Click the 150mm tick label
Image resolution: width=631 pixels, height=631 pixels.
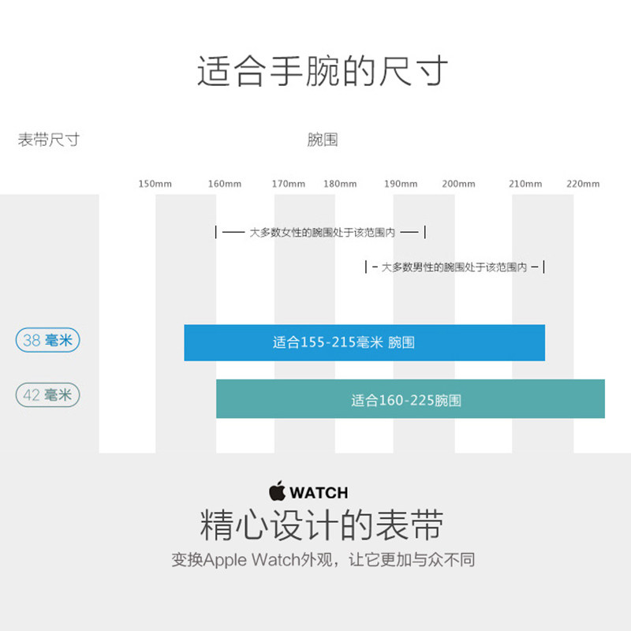(155, 184)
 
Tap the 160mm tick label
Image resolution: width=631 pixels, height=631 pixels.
(225, 184)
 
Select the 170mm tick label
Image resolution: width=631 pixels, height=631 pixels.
(289, 184)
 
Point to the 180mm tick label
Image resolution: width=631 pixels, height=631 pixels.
(340, 184)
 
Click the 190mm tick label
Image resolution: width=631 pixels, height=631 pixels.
(401, 184)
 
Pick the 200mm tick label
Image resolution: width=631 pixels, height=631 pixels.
(458, 184)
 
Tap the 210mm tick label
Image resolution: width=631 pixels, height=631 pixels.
(525, 184)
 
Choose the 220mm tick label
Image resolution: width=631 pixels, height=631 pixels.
(583, 184)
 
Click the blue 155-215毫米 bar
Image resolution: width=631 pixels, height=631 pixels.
(364, 342)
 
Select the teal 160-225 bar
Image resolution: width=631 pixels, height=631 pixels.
(410, 399)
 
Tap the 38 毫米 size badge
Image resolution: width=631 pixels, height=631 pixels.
(47, 341)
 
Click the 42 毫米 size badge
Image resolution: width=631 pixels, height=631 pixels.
(47, 394)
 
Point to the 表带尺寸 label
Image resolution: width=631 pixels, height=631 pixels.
(49, 140)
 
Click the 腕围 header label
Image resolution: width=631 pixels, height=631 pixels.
(323, 140)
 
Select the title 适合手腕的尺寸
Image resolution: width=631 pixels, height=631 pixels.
(323, 70)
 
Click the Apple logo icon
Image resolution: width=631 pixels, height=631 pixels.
(277, 491)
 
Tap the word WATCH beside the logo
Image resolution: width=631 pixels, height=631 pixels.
(319, 493)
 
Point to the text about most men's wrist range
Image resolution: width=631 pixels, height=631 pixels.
(454, 267)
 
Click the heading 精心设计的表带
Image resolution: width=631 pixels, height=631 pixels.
(323, 525)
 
